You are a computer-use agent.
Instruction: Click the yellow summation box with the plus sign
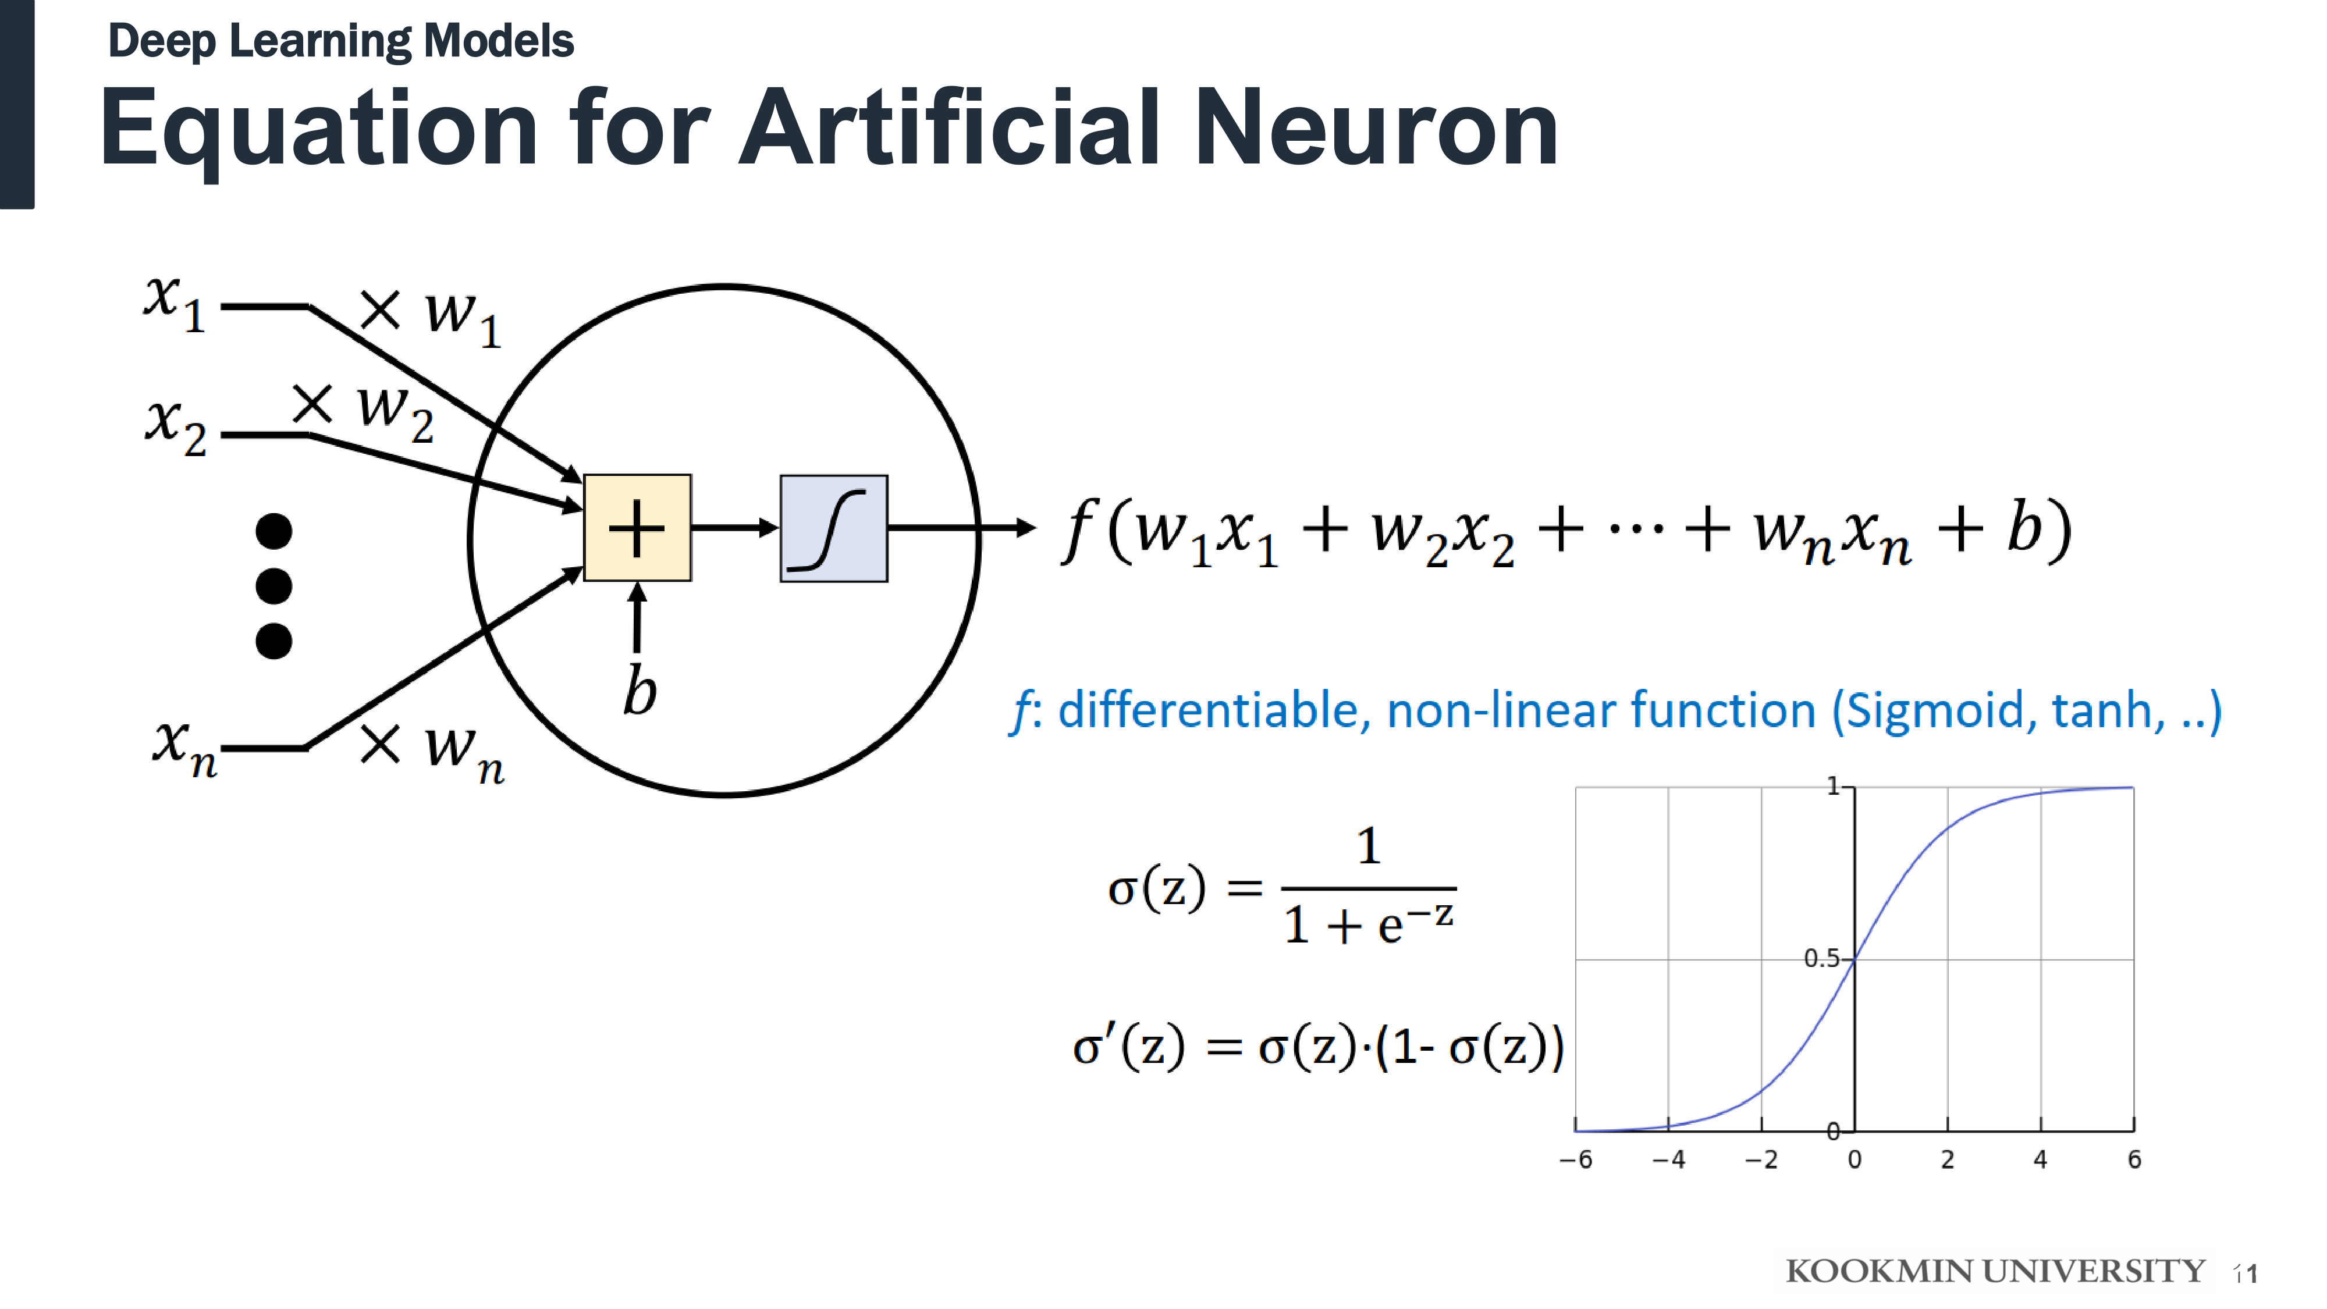click(x=637, y=528)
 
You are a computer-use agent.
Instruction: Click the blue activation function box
click(x=833, y=528)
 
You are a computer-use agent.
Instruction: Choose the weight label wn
click(x=463, y=752)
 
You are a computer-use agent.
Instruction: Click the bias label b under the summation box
click(x=640, y=691)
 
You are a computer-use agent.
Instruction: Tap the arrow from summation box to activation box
click(x=734, y=528)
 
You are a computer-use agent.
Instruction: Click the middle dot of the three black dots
click(x=273, y=585)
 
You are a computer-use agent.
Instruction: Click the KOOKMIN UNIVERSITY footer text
click(x=1995, y=1271)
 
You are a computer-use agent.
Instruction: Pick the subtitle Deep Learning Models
click(x=340, y=41)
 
